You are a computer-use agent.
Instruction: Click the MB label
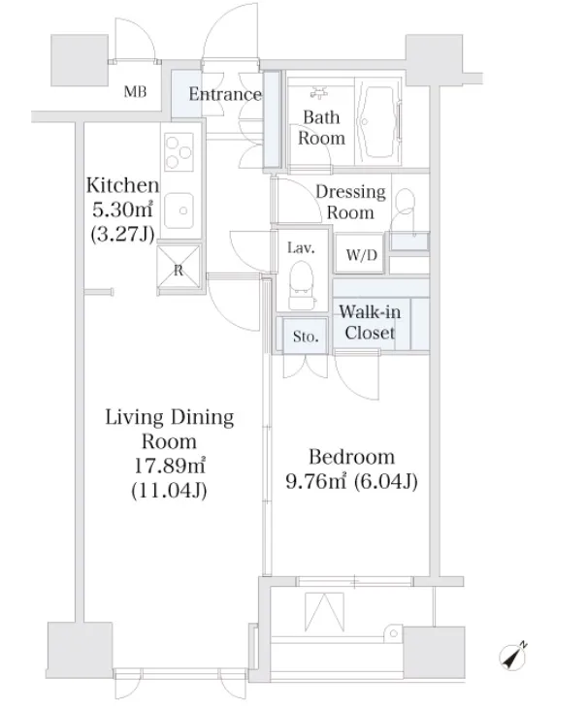135,92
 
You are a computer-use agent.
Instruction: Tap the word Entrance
225,94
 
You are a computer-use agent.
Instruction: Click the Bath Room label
321,127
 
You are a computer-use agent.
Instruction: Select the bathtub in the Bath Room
378,121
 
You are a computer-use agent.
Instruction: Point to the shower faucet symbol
320,93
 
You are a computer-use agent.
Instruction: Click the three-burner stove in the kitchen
179,152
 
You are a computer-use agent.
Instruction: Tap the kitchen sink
179,210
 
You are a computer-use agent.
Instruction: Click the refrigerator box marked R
179,268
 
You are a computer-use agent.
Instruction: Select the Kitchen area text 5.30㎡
122,209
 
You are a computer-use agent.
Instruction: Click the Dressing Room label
350,202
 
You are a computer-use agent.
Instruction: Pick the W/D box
360,254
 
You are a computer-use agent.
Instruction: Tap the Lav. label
301,247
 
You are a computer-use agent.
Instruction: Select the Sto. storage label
306,336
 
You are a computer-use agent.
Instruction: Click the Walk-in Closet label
370,322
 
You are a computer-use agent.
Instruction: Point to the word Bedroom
352,457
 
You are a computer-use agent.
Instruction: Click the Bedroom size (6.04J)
386,482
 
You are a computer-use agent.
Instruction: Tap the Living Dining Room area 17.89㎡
169,466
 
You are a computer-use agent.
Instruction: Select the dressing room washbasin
409,241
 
